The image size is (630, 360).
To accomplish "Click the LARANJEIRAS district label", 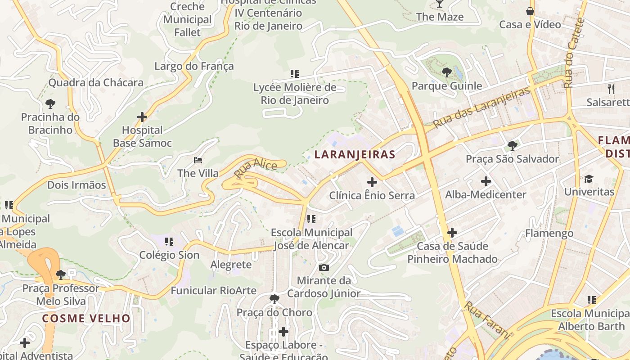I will pos(355,155).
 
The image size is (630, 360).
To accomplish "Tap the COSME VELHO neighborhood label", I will pos(86,319).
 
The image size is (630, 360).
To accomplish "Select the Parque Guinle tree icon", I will pos(446,72).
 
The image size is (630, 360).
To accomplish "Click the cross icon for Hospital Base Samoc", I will pos(142,117).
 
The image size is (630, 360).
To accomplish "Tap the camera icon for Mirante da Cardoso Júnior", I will pos(324,267).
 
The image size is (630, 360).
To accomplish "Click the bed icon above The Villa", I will pos(198,160).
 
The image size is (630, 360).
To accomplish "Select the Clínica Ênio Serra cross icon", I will pos(372,182).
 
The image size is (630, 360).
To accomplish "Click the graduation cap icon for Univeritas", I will pos(589,179).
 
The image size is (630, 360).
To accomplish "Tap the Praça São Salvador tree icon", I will pos(512,145).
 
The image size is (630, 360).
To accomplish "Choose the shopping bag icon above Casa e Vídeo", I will pos(530,11).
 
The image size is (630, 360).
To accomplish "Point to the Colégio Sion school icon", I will pos(169,242).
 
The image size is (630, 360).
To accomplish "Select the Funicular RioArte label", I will pos(213,291).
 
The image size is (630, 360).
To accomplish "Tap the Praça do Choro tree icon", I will pos(274,299).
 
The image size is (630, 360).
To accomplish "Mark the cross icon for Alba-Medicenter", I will pos(486,181).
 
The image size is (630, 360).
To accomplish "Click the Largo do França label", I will pos(194,67).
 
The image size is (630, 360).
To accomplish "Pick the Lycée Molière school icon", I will pos(295,73).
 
